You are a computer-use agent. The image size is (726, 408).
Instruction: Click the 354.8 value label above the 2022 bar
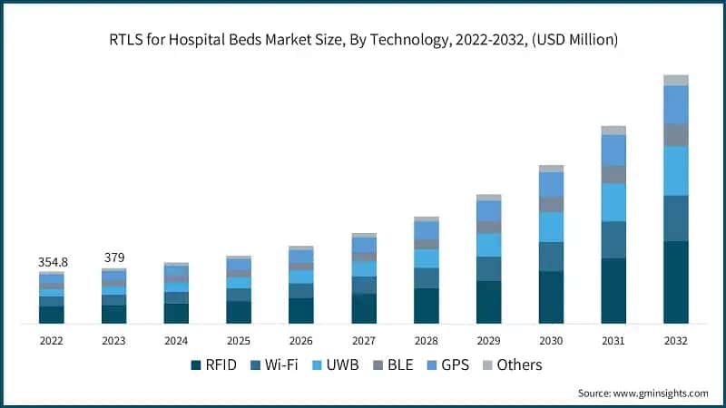pyautogui.click(x=51, y=262)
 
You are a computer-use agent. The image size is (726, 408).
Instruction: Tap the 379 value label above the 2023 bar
pyautogui.click(x=113, y=258)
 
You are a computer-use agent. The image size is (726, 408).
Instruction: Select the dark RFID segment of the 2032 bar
pyautogui.click(x=676, y=282)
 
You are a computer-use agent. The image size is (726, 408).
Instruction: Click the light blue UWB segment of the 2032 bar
pyautogui.click(x=676, y=170)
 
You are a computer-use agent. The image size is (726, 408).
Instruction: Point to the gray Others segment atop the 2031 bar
pyautogui.click(x=613, y=131)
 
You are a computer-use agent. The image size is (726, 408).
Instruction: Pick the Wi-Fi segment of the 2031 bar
pyautogui.click(x=613, y=239)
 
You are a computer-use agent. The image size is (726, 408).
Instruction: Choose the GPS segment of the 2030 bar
pyautogui.click(x=551, y=184)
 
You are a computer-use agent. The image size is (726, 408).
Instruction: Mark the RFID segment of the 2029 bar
pyautogui.click(x=489, y=302)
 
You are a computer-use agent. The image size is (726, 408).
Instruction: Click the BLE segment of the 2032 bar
pyautogui.click(x=676, y=135)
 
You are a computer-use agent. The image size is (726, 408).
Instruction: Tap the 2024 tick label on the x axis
pyautogui.click(x=176, y=341)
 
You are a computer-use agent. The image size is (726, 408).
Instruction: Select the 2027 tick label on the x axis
pyautogui.click(x=364, y=341)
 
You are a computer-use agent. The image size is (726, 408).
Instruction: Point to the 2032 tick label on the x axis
pyautogui.click(x=676, y=341)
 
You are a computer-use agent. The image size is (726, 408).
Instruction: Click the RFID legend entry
pyautogui.click(x=215, y=364)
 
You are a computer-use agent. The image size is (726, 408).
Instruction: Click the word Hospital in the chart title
pyautogui.click(x=245, y=39)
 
